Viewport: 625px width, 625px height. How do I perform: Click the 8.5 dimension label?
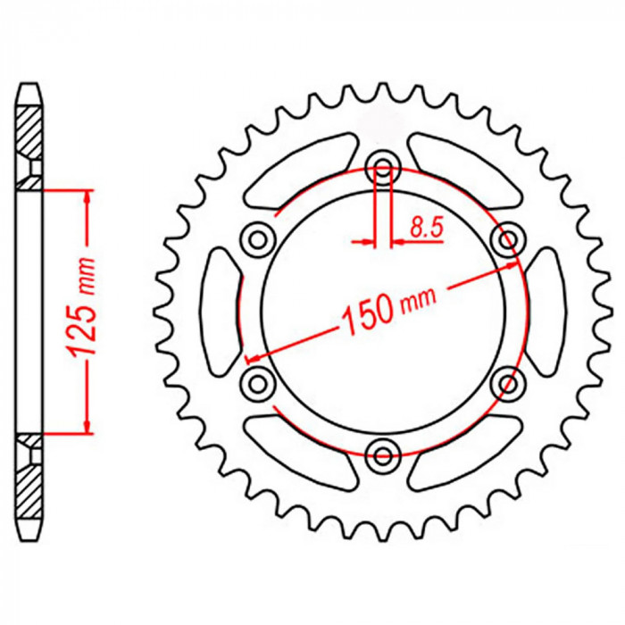tap(427, 229)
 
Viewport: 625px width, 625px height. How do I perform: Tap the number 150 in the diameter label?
tap(368, 313)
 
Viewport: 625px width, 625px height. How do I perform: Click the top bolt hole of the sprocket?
tap(383, 168)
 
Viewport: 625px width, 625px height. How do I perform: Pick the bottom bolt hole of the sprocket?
tap(383, 454)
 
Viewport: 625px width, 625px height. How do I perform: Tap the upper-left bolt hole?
tap(259, 239)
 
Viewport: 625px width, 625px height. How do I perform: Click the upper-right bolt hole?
tap(508, 239)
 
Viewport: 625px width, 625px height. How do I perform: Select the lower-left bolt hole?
tap(259, 383)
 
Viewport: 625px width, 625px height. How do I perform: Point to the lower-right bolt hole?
tap(508, 383)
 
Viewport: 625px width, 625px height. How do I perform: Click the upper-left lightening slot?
tap(299, 170)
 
